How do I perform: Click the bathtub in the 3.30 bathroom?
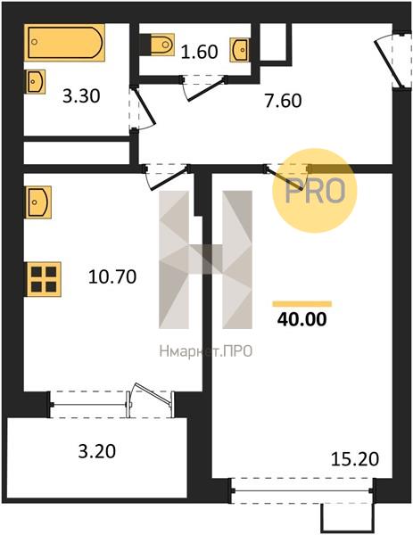[x=64, y=42]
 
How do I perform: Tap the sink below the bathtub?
[x=35, y=81]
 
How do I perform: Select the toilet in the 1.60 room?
[x=161, y=45]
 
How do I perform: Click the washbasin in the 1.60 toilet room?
[x=239, y=50]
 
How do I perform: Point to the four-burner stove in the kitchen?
[x=44, y=279]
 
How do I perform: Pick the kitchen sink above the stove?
[x=37, y=202]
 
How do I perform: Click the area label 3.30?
[x=81, y=96]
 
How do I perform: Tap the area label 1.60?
[x=199, y=52]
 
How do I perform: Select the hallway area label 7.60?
[x=284, y=101]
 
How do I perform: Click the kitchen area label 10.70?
[x=112, y=276]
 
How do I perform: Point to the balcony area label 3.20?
[x=97, y=451]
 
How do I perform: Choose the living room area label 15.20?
[x=355, y=459]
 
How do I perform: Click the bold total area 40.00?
[x=302, y=319]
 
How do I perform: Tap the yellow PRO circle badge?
[x=314, y=191]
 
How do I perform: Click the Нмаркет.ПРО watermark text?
[x=206, y=350]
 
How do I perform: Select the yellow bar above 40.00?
[x=302, y=304]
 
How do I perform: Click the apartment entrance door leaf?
[x=388, y=64]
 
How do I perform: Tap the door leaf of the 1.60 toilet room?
[x=207, y=90]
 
